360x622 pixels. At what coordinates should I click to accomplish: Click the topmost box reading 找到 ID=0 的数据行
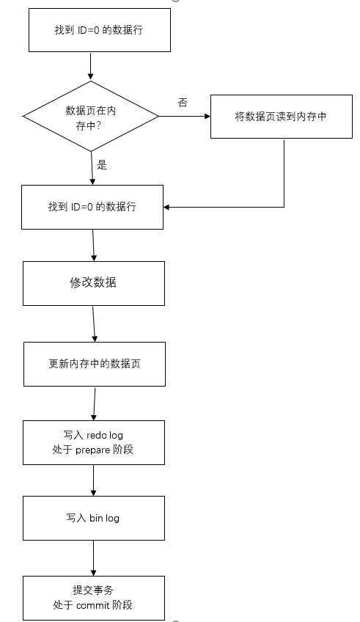pos(99,32)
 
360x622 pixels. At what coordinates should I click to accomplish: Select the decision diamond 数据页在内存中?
pos(91,116)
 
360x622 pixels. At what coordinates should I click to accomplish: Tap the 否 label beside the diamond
pos(183,102)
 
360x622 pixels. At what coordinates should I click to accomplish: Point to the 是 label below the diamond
pos(102,165)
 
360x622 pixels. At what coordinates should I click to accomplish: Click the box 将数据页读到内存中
pos(281,117)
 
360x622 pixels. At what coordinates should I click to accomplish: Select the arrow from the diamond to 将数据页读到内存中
pos(184,116)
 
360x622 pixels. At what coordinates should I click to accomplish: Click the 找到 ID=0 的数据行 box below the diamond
pos(92,208)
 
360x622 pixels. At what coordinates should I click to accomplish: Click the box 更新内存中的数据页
pos(95,363)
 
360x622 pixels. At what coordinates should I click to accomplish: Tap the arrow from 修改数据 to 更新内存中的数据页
pos(94,323)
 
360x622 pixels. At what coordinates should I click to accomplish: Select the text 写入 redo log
pos(94,436)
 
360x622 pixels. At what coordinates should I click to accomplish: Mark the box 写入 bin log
pos(93,518)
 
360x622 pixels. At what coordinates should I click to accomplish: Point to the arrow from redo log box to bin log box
pos(94,480)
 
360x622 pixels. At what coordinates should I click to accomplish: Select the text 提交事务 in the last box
pos(93,590)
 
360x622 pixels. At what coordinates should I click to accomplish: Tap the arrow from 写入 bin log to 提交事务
pos(93,559)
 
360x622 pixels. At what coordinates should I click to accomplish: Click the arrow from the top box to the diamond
pos(90,66)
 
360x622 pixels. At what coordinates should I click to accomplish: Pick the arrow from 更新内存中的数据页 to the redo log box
pos(95,403)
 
